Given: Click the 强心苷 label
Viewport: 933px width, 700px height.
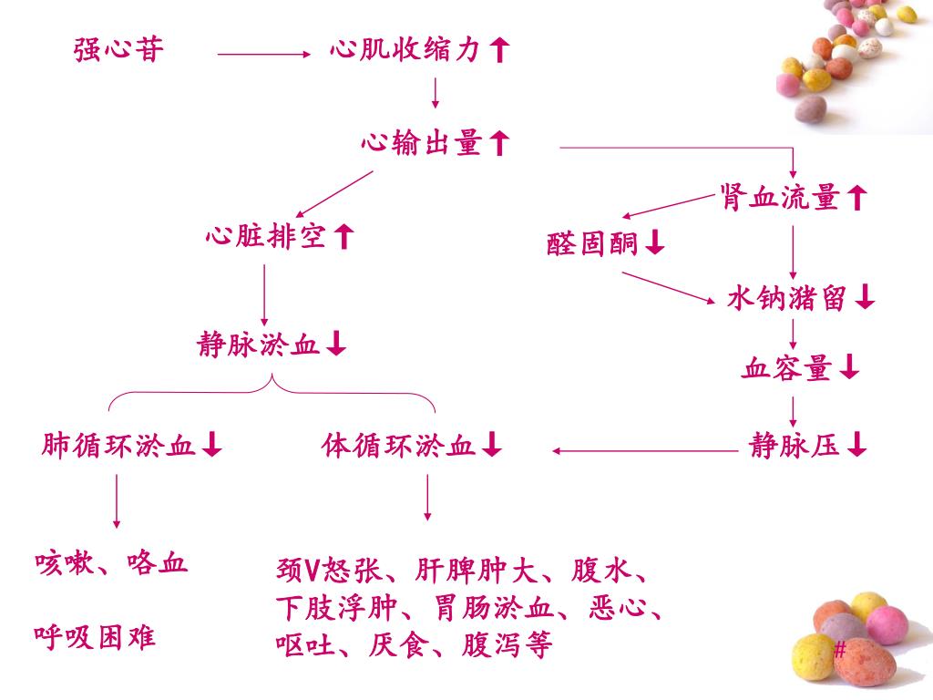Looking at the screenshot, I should tap(119, 50).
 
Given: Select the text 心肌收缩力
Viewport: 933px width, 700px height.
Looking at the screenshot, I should tap(405, 51).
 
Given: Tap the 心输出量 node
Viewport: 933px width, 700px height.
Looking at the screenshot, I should tap(421, 143).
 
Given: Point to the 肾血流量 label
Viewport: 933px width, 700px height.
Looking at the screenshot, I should tap(779, 197).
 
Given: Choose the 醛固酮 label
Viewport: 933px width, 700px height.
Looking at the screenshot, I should tap(592, 243).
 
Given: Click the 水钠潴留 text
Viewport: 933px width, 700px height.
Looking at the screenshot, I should tap(788, 298).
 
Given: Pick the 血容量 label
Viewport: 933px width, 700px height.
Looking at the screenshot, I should tap(788, 369).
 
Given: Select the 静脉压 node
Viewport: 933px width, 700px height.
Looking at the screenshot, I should tap(795, 446).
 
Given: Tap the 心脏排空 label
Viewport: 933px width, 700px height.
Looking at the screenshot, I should tap(266, 238).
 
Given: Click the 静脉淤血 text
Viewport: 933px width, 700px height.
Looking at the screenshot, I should tap(259, 345).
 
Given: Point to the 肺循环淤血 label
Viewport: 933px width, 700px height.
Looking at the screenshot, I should tap(119, 446).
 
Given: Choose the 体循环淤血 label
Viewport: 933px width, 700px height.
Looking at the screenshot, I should tap(398, 446).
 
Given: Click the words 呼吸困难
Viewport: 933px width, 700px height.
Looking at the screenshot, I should tap(95, 635).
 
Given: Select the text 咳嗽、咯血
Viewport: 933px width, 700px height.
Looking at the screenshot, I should tap(111, 562).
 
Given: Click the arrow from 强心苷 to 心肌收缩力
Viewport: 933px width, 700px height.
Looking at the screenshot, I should tap(264, 55).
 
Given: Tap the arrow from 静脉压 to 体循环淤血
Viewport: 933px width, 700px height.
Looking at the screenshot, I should tap(645, 449).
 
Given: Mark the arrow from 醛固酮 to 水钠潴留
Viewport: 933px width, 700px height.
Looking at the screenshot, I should tap(670, 285).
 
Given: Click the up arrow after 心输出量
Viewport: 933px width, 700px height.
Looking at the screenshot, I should tap(498, 143).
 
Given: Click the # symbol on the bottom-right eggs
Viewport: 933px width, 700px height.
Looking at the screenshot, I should tap(840, 650).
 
